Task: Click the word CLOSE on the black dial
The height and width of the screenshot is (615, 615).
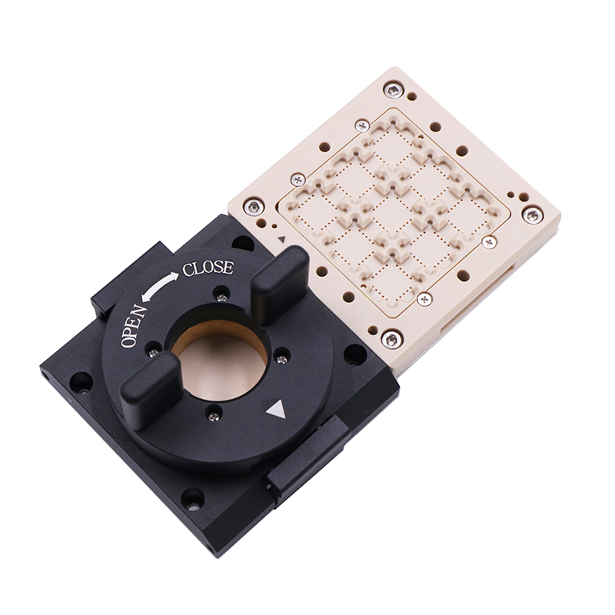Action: [x=208, y=268]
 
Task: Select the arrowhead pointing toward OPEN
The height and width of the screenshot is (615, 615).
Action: [x=146, y=298]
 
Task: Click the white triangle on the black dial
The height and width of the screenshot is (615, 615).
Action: [x=276, y=411]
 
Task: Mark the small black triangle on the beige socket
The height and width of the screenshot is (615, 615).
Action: [x=281, y=239]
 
